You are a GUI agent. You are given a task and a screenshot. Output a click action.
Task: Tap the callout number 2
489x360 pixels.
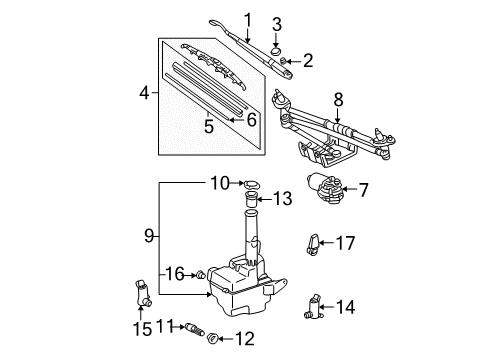pos(308,62)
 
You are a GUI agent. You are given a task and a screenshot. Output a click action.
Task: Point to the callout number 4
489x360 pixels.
pos(145,93)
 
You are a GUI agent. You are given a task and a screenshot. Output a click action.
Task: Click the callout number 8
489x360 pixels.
pos(338,99)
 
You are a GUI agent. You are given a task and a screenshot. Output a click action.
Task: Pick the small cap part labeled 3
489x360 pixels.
pos(277,43)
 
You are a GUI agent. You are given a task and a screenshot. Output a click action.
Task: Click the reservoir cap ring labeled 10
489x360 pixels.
pos(253,184)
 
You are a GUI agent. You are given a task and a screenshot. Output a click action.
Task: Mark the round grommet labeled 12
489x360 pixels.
pos(211,340)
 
